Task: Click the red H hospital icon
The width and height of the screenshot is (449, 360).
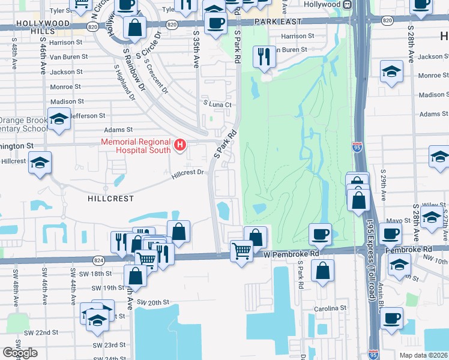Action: (x=179, y=145)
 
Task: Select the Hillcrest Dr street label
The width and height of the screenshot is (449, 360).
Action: (x=188, y=173)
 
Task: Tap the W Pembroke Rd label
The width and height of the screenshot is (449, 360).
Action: (x=291, y=254)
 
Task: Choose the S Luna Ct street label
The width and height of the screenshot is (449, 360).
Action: (x=217, y=104)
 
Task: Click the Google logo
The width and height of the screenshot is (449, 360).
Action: (x=20, y=352)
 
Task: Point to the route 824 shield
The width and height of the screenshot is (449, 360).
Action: (x=98, y=260)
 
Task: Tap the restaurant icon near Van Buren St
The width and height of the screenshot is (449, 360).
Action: (x=264, y=57)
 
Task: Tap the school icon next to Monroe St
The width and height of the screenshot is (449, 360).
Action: (x=391, y=72)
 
